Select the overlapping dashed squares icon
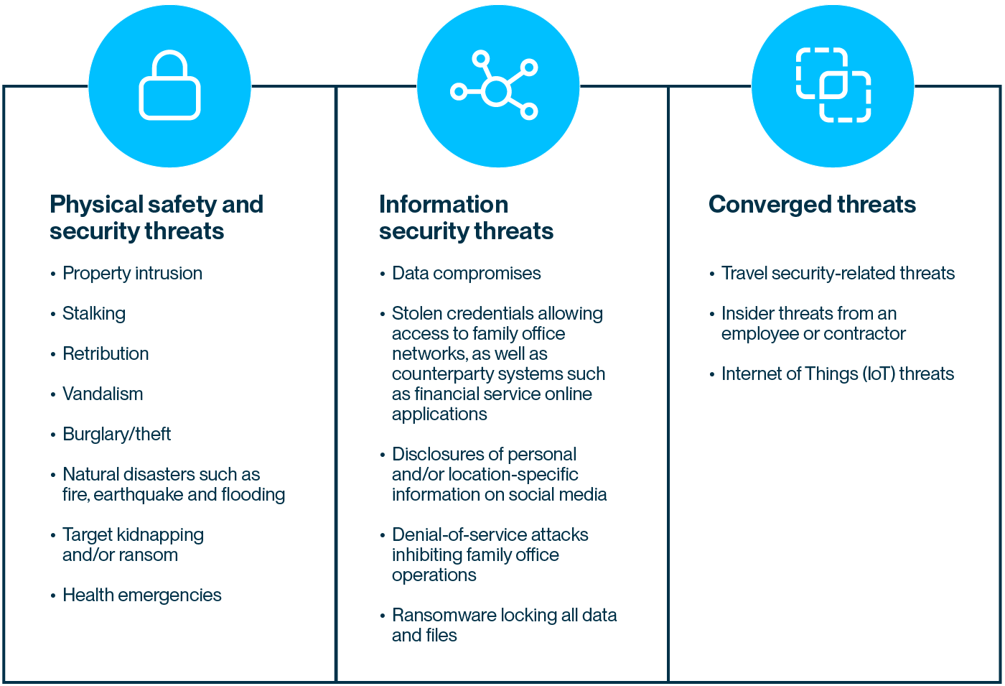tap(833, 85)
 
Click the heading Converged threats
tap(812, 205)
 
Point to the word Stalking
tap(94, 314)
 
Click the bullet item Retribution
tap(106, 353)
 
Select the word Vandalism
tap(103, 394)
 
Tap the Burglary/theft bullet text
tap(116, 435)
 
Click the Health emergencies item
tap(142, 595)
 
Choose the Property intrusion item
tap(132, 274)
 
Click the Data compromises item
tap(466, 274)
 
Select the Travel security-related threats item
tap(838, 274)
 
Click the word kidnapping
tap(160, 535)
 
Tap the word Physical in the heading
tap(96, 205)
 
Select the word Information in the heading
tap(444, 205)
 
